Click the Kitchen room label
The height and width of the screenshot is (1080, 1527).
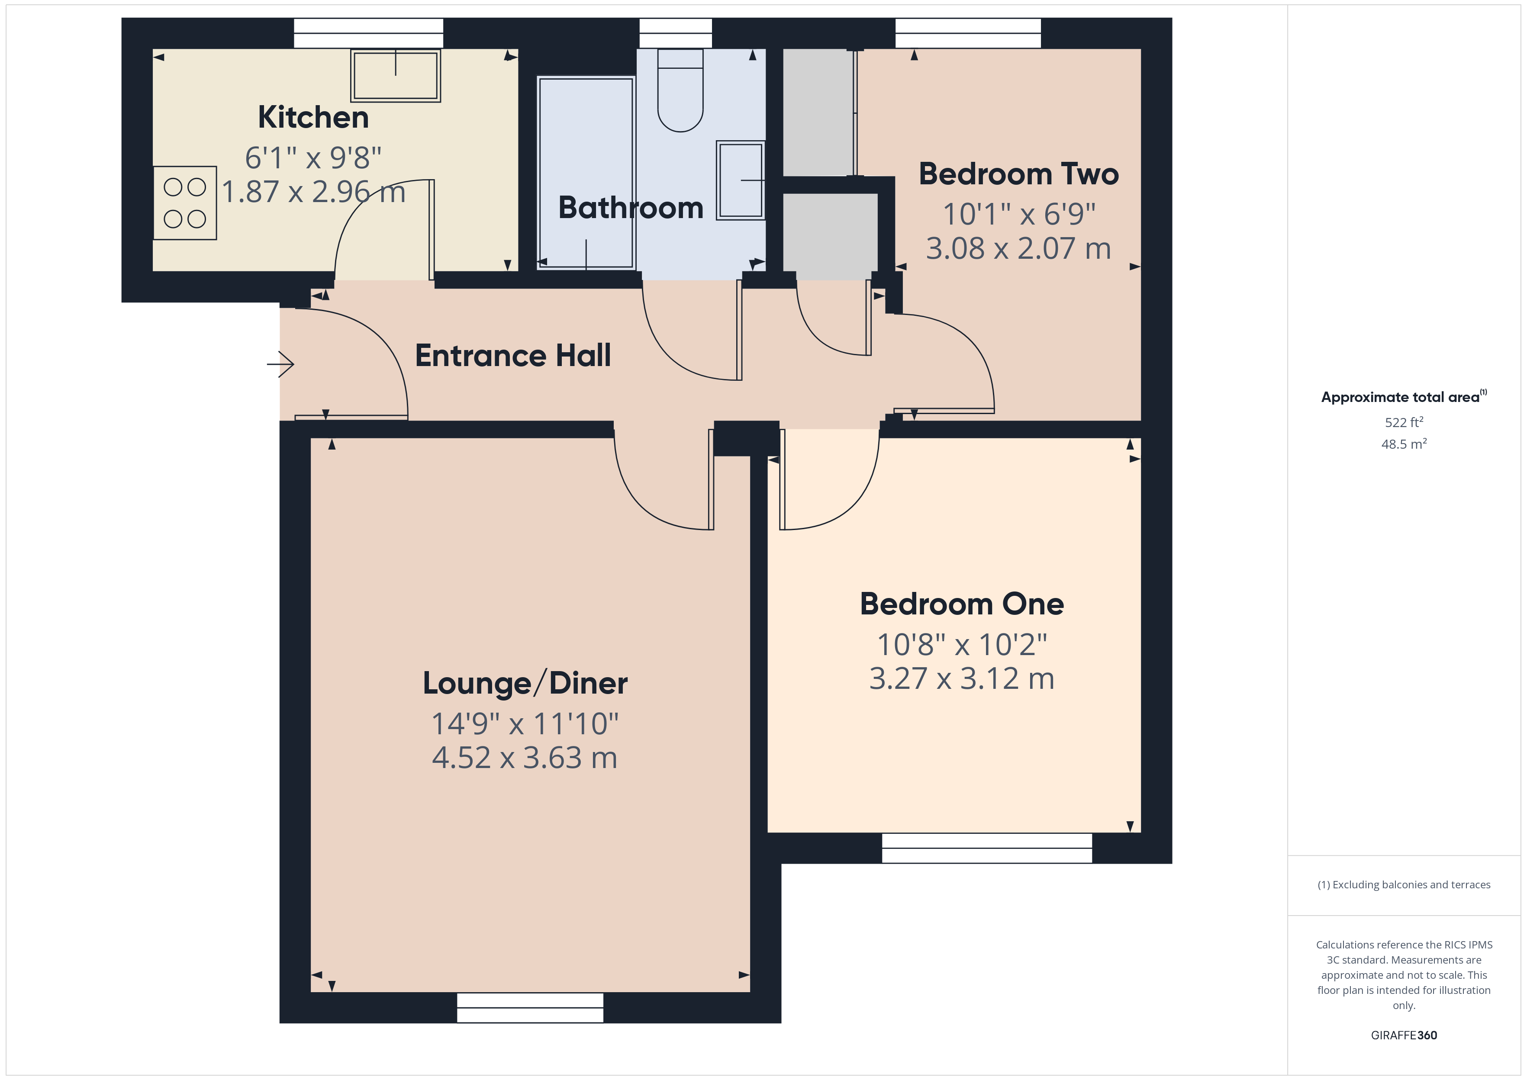[313, 118]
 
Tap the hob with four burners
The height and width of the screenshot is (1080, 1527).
[185, 203]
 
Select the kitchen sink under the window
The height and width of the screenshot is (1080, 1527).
[396, 75]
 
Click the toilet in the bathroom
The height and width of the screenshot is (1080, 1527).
[680, 93]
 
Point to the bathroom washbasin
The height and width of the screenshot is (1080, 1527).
[740, 180]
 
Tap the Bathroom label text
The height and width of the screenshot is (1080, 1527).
[631, 208]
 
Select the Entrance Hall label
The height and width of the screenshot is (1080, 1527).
[513, 356]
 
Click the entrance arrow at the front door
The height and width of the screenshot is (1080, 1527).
[280, 364]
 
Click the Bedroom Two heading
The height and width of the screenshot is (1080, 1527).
[1018, 174]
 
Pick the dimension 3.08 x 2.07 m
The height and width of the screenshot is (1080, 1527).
[1018, 249]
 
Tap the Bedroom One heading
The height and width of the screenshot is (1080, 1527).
[962, 604]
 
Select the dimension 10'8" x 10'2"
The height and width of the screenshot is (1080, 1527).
[962, 644]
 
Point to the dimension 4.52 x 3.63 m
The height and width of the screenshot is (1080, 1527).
[525, 758]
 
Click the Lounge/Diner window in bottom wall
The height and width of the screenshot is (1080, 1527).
[530, 1007]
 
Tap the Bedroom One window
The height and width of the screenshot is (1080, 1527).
[987, 848]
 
